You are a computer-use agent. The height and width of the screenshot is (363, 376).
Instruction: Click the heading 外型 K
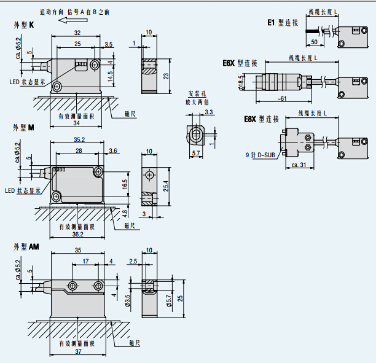24,25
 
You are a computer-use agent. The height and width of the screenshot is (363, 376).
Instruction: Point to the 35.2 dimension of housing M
79,140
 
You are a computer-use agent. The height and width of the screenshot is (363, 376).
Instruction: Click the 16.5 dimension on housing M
125,183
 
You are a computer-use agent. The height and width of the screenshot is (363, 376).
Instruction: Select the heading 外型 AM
26,246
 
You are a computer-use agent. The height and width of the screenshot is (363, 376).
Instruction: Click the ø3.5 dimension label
128,300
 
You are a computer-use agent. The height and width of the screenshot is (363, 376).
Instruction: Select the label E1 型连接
283,23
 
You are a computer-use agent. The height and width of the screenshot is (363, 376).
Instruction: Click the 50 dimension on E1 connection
315,42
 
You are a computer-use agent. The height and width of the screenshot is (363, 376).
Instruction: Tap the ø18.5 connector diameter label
241,82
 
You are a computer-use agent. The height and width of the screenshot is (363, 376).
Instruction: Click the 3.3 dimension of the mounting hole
209,112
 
